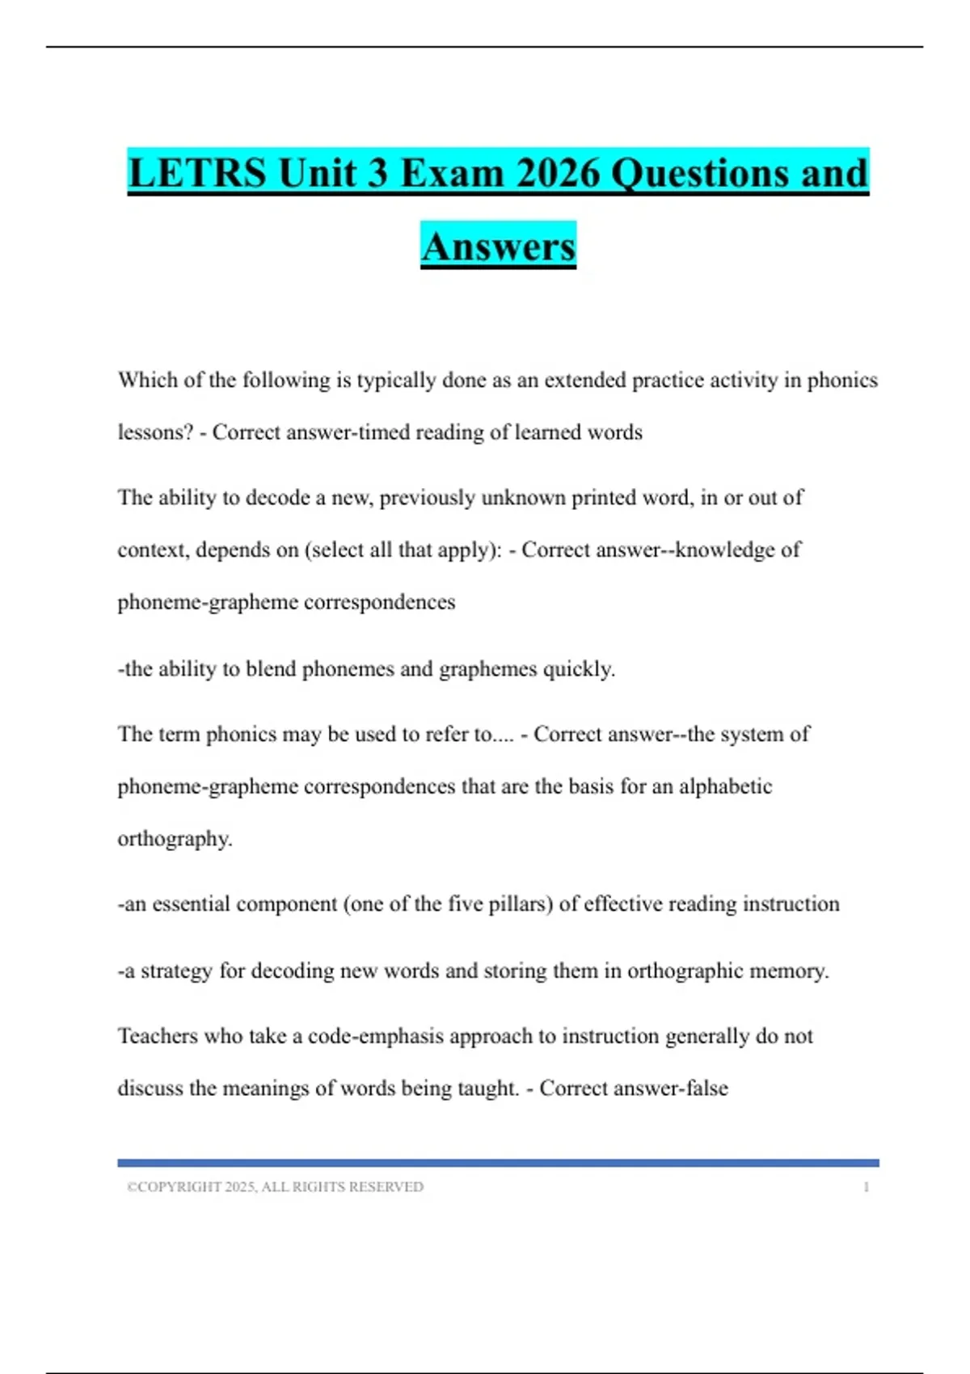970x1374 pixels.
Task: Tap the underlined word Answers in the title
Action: click(498, 247)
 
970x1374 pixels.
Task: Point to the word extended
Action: click(584, 380)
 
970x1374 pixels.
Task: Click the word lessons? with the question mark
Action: click(155, 432)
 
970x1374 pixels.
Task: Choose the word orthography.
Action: click(175, 839)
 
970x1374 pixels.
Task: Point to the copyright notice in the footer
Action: click(275, 1187)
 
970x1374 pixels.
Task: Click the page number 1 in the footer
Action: click(866, 1187)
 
